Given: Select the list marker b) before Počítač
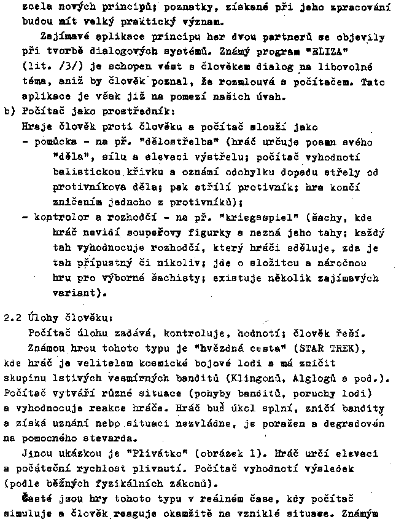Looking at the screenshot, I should click(9, 111).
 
